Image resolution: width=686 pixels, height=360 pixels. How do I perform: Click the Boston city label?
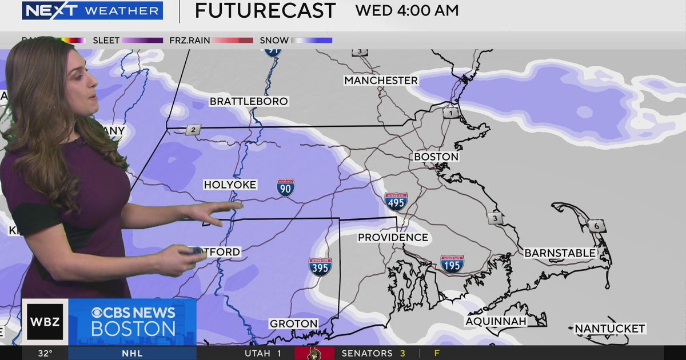click(x=436, y=157)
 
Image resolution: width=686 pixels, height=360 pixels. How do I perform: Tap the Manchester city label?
click(x=381, y=81)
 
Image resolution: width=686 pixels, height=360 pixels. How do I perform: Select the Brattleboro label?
click(x=249, y=102)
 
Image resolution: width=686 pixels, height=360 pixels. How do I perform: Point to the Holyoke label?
click(x=230, y=185)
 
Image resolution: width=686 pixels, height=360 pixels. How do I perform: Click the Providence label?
click(x=393, y=237)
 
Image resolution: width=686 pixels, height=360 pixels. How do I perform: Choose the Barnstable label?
click(x=560, y=253)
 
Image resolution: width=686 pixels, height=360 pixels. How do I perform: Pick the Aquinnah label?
click(x=496, y=321)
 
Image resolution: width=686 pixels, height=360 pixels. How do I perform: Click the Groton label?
click(x=293, y=324)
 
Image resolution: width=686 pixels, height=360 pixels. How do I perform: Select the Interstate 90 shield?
click(x=285, y=187)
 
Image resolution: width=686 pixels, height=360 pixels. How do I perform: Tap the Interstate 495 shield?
click(x=396, y=201)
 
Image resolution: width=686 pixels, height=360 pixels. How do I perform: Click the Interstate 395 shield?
click(x=320, y=266)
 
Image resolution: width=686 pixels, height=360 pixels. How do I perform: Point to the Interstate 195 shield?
click(x=452, y=264)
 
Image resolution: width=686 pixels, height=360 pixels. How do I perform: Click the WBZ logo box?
click(x=45, y=321)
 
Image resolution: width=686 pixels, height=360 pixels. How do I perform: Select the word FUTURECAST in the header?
click(x=265, y=11)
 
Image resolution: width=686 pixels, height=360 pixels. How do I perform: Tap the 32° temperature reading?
click(x=45, y=353)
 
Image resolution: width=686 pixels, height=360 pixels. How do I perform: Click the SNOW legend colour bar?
click(x=312, y=41)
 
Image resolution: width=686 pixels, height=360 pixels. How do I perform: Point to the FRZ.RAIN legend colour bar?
click(x=233, y=41)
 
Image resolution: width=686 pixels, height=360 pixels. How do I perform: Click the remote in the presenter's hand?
click(x=196, y=251)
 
